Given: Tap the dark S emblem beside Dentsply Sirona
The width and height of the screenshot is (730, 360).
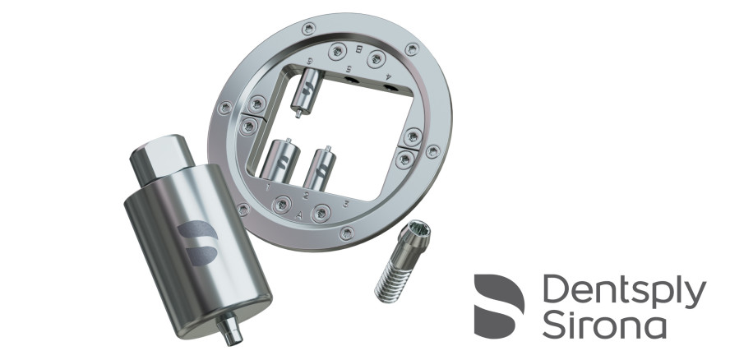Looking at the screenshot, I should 499,307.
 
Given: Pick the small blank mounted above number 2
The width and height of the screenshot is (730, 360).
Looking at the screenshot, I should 319,167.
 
